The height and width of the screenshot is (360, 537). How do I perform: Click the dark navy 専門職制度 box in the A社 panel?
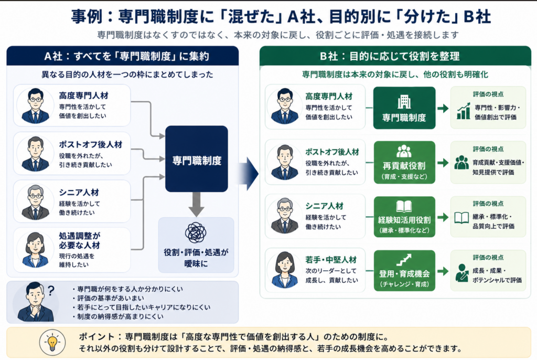197,158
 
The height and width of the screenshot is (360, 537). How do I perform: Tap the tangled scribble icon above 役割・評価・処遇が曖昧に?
196,233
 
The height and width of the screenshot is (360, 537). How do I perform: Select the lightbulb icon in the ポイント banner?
52,342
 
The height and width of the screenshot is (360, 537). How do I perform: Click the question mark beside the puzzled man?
51,291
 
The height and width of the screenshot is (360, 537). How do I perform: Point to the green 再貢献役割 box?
404,163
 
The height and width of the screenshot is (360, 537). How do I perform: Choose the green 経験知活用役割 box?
404,217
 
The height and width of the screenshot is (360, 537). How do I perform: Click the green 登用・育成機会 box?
404,270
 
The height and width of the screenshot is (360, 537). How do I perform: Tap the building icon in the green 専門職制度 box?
404,102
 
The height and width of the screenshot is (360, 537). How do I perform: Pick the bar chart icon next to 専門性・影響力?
464,111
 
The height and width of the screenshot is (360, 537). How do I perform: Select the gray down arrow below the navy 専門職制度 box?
196,204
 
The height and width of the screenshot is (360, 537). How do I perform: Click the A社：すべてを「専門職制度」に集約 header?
123,56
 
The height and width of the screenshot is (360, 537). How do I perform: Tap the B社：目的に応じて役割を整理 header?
395,56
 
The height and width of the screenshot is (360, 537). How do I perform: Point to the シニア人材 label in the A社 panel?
79,193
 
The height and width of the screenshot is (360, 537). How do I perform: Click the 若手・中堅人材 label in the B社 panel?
331,260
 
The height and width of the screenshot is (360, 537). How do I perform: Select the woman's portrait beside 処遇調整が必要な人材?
35,249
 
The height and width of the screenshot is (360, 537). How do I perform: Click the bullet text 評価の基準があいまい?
111,298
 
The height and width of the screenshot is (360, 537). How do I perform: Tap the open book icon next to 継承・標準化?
461,218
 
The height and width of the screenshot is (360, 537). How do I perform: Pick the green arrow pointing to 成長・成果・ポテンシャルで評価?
443,271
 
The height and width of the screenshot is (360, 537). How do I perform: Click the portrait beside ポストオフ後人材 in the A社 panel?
35,154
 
